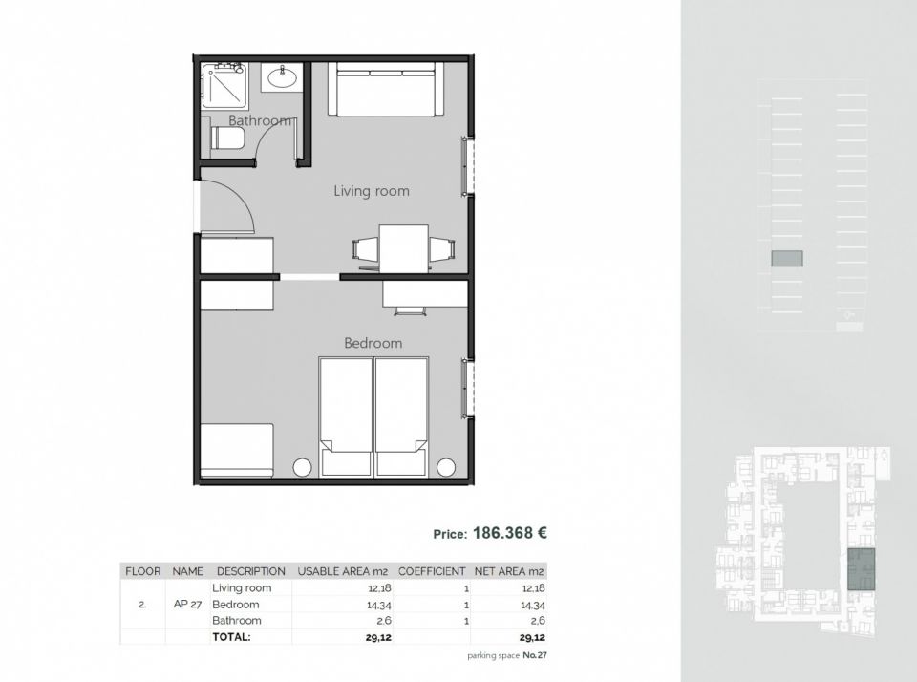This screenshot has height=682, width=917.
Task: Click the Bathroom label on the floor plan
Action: point(260,120)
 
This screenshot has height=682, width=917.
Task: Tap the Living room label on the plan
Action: point(372,191)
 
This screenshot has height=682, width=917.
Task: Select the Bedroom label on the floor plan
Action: point(373,343)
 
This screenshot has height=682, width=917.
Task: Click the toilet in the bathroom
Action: point(227,139)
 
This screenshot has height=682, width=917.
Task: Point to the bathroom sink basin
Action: point(282,76)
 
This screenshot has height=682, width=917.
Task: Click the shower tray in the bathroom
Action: point(224,86)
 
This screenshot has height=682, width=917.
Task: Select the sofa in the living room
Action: point(385,89)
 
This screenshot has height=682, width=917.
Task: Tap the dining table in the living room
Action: point(403,248)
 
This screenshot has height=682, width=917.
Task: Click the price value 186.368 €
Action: point(510,533)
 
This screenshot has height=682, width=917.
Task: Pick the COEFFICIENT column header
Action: point(432,571)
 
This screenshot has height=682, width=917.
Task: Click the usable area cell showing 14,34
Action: point(379,606)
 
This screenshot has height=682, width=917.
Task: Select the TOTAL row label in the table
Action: point(231,637)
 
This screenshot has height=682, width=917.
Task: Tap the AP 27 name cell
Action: point(187,605)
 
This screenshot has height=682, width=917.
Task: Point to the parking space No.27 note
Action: point(507,655)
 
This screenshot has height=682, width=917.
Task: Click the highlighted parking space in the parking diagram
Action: point(786,259)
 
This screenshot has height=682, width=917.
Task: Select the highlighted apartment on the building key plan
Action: point(862,569)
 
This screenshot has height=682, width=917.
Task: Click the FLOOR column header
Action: point(142,571)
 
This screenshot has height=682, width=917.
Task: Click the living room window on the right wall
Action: point(466,166)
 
